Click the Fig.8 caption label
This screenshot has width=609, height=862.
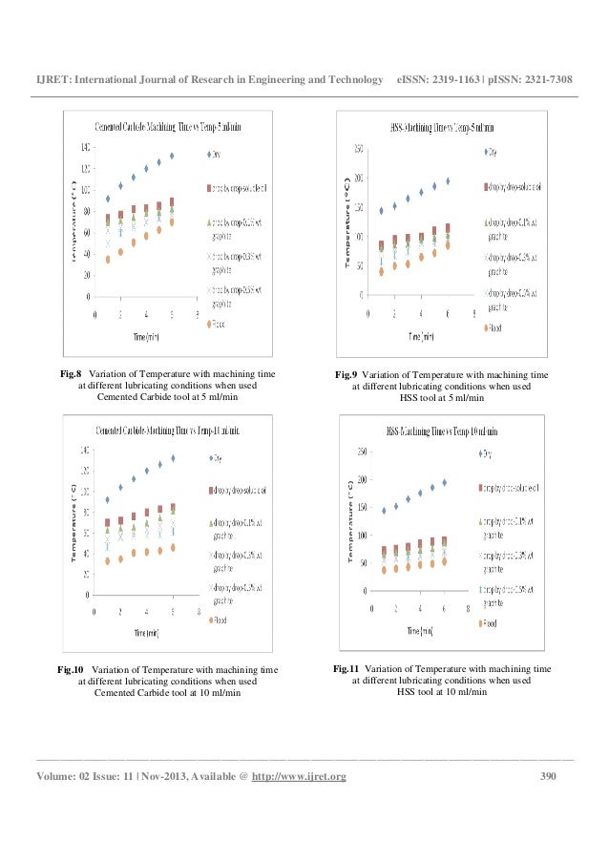72,375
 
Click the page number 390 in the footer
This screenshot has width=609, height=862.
548,775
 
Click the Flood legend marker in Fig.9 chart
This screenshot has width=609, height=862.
482,328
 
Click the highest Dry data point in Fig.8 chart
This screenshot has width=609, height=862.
172,156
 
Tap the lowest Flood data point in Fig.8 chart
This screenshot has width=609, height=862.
108,259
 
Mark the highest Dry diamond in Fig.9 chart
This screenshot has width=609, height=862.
448,180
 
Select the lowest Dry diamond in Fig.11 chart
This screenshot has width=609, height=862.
384,511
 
